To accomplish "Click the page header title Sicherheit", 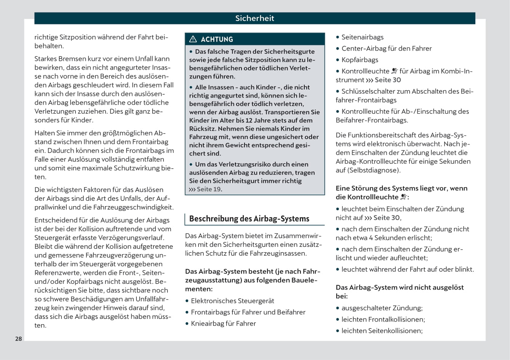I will point(254,18).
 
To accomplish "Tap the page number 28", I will point(19,339).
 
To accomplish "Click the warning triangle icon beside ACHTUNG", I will point(193,39).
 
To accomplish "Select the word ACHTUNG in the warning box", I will point(217,39).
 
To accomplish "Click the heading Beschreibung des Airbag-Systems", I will point(249,219).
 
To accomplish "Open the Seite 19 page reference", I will point(208,189).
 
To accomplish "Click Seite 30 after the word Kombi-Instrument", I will point(388,80).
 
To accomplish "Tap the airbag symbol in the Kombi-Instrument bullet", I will point(395,71).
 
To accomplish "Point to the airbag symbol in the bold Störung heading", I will point(404,197).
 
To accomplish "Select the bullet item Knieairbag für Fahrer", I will point(223,323).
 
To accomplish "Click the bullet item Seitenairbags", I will point(362,37).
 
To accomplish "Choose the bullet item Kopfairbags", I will point(360,60).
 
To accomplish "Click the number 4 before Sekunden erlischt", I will point(371,238).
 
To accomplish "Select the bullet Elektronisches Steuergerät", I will point(232,301).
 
